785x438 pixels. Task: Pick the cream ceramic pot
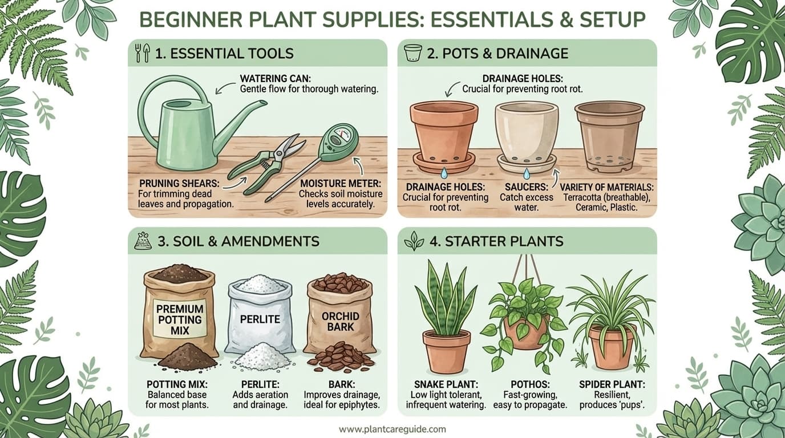pos(526,133)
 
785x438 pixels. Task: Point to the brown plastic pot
pos(609,135)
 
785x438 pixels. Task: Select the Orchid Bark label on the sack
pos(340,322)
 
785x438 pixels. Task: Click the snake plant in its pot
pos(446,319)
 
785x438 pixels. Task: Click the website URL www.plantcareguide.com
pos(392,429)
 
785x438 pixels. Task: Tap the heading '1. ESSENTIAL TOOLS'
pos(224,54)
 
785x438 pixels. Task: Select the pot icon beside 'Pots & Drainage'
pos(412,53)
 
